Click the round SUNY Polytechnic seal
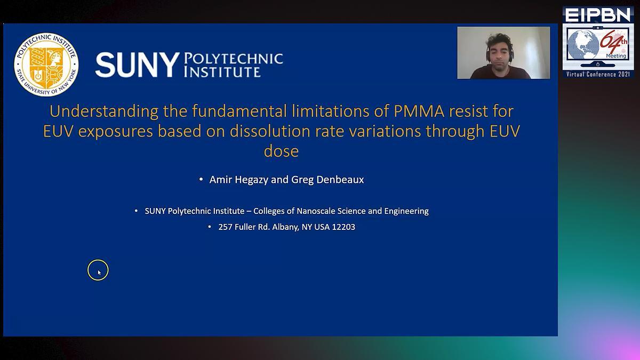pyautogui.click(x=46, y=65)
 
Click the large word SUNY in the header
pyautogui.click(x=138, y=65)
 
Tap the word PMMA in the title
pyautogui.click(x=419, y=111)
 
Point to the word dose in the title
pyautogui.click(x=281, y=151)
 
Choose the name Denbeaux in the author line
pyautogui.click(x=340, y=179)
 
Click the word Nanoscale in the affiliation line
pyautogui.click(x=315, y=211)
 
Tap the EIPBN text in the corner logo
pyautogui.click(x=598, y=15)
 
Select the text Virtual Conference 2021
pyautogui.click(x=598, y=74)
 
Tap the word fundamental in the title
pyautogui.click(x=239, y=111)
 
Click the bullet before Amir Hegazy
pyautogui.click(x=201, y=179)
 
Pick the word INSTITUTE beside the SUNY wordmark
pyautogui.click(x=222, y=71)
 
